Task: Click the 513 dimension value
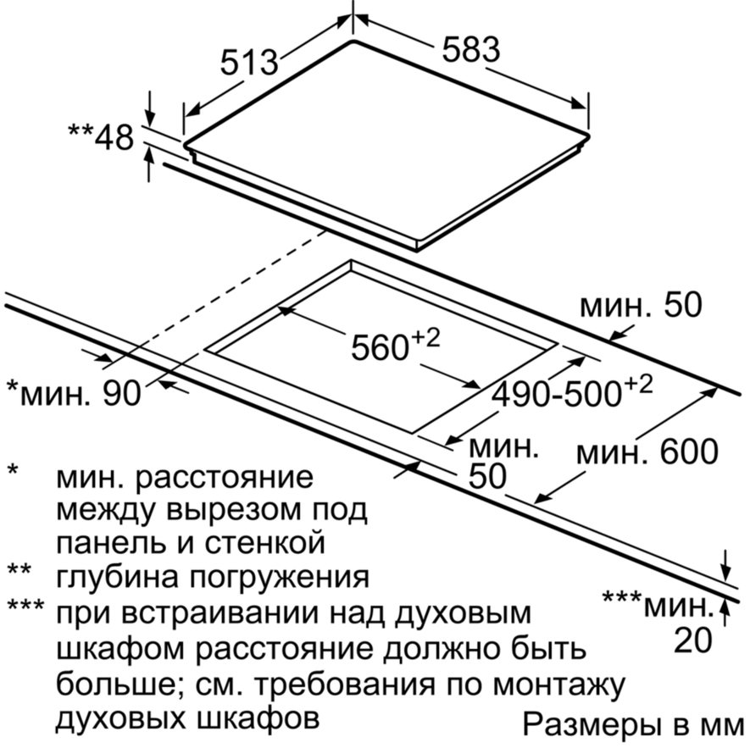pyautogui.click(x=249, y=63)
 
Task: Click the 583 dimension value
pyautogui.click(x=470, y=50)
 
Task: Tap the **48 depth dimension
pyautogui.click(x=101, y=138)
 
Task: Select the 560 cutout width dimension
pyautogui.click(x=396, y=346)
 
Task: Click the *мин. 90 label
pyautogui.click(x=74, y=393)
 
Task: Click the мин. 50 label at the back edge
pyautogui.click(x=641, y=305)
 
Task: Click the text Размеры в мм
pyautogui.click(x=633, y=724)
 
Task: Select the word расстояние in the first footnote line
pyautogui.click(x=225, y=478)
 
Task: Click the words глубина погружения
pyautogui.click(x=213, y=577)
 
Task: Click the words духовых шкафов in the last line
pyautogui.click(x=188, y=719)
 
